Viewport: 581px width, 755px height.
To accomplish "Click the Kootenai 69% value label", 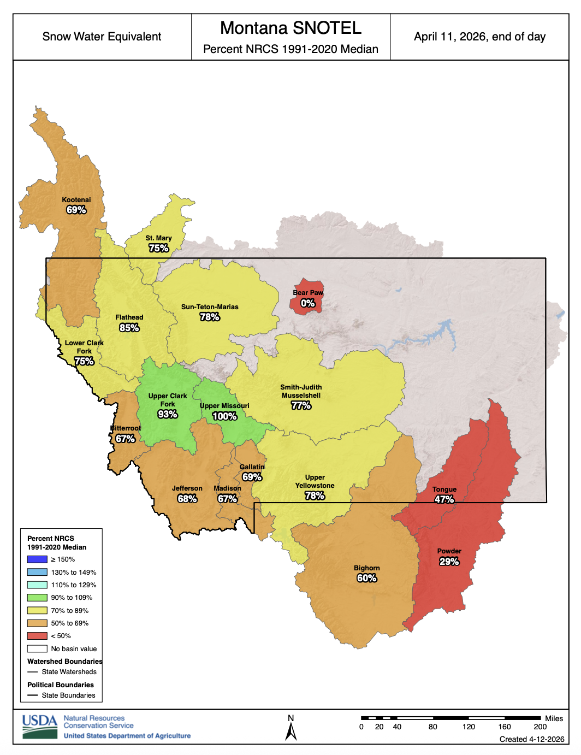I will click(76, 210).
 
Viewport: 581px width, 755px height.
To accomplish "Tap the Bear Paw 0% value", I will click(308, 303).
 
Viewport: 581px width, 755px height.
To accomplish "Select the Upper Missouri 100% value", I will click(224, 416).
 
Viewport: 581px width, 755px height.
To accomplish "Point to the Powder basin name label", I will click(449, 551).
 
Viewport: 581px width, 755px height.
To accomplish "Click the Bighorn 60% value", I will click(366, 578).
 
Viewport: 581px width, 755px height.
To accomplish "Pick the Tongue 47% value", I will click(444, 499).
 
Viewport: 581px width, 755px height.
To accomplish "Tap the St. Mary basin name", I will click(158, 238).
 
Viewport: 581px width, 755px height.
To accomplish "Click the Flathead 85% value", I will click(129, 328).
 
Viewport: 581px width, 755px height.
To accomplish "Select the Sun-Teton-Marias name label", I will click(210, 307).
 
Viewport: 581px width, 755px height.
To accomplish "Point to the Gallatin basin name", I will click(252, 467).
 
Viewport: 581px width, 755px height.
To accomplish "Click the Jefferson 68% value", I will click(187, 499).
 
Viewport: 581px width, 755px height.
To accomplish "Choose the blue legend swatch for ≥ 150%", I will click(37, 559).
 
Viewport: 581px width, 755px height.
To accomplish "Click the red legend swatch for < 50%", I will click(37, 636).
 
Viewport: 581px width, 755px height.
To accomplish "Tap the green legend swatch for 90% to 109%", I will click(37, 598).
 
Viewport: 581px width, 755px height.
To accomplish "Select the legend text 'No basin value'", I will click(74, 649).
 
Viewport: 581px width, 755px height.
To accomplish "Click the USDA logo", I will click(40, 727).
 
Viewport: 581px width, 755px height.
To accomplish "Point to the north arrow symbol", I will click(291, 731).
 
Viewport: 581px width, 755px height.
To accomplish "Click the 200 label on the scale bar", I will click(540, 727).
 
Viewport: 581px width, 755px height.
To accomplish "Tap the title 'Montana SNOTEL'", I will click(290, 28).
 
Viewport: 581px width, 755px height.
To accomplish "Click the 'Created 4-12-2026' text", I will click(531, 739).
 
